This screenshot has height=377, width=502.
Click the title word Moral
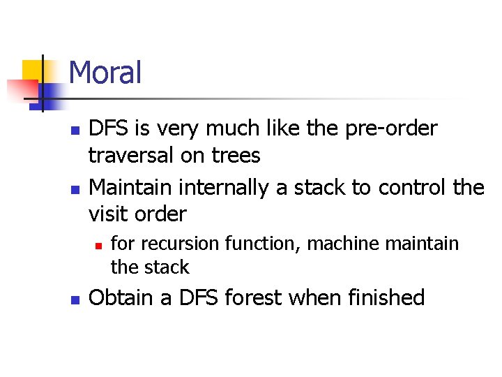tap(105, 73)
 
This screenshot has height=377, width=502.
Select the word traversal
tap(132, 156)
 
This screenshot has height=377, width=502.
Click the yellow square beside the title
tap(32, 70)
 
